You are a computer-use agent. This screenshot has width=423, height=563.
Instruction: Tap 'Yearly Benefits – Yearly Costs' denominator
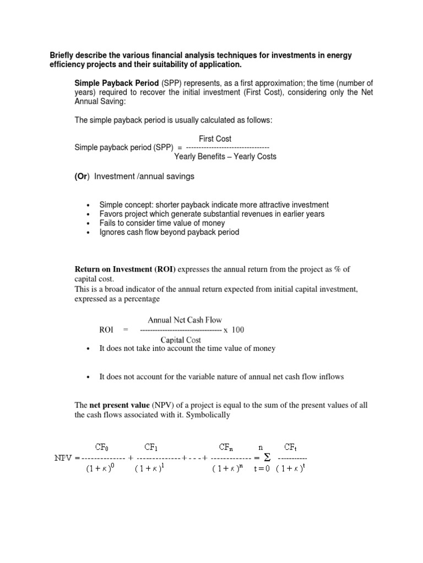coord(225,156)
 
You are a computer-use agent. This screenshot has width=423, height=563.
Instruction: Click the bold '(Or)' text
coord(82,176)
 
